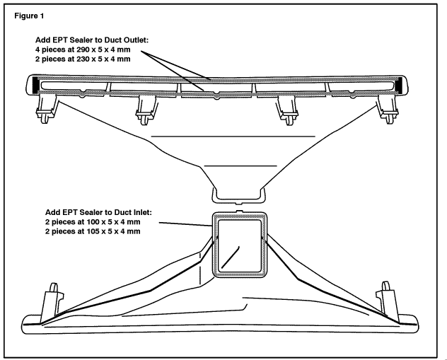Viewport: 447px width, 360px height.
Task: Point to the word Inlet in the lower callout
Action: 144,211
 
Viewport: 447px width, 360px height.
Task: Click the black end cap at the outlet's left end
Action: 35,86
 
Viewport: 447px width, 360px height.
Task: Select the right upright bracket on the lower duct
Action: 388,296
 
